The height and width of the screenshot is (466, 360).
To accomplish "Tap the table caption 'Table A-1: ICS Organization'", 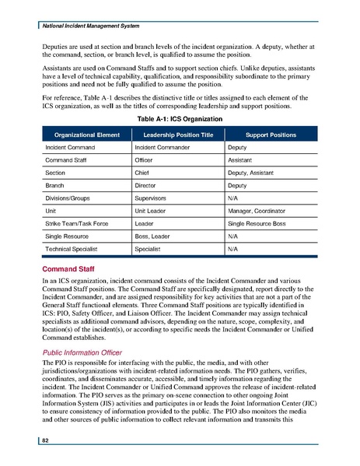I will (x=180, y=118).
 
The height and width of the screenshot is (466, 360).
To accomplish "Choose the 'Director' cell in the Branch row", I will (x=147, y=191).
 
